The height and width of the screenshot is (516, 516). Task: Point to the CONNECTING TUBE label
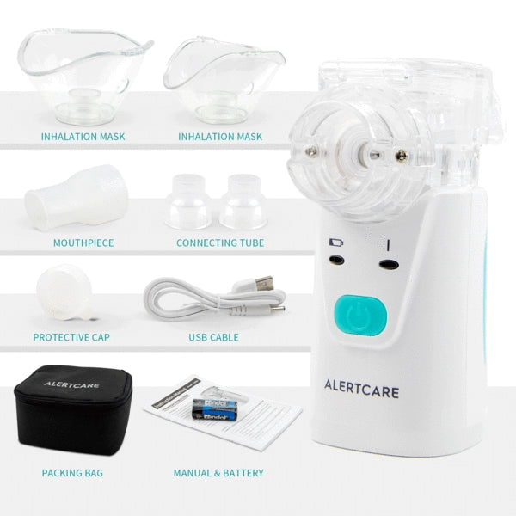click(220, 243)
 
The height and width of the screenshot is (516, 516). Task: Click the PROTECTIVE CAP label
click(77, 337)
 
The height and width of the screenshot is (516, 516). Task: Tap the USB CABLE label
click(213, 337)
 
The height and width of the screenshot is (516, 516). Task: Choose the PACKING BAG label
click(74, 472)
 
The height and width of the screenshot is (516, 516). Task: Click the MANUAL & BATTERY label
click(218, 472)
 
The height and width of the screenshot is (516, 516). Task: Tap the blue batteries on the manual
click(209, 407)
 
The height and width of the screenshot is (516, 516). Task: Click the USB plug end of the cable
click(262, 284)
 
